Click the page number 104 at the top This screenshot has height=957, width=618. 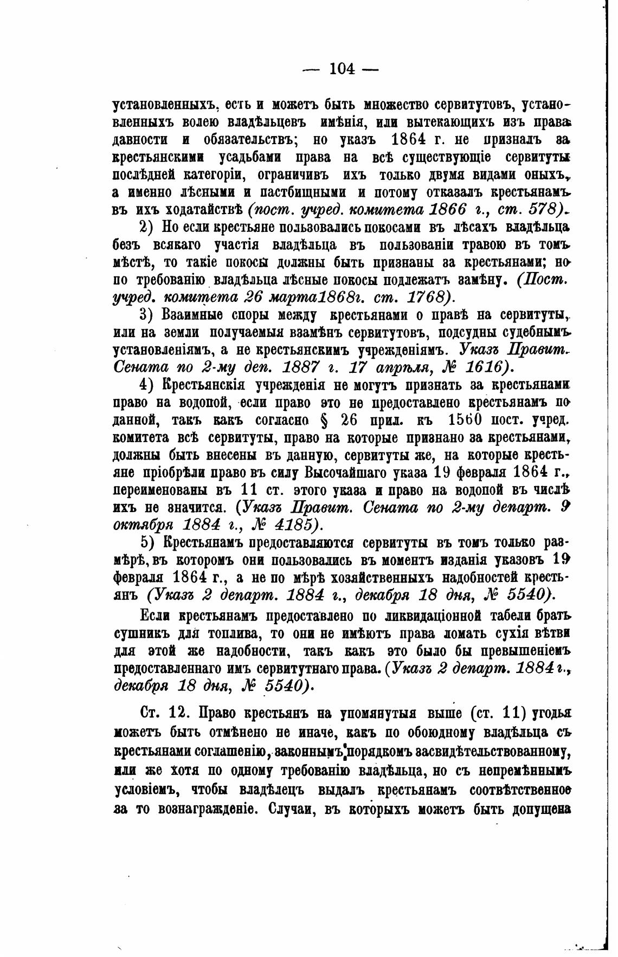[341, 69]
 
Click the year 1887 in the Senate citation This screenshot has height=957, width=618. [300, 367]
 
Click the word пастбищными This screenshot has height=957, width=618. [299, 192]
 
